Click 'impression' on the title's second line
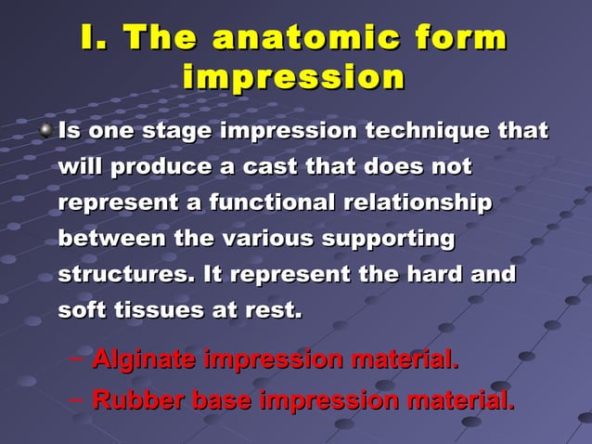[294, 76]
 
